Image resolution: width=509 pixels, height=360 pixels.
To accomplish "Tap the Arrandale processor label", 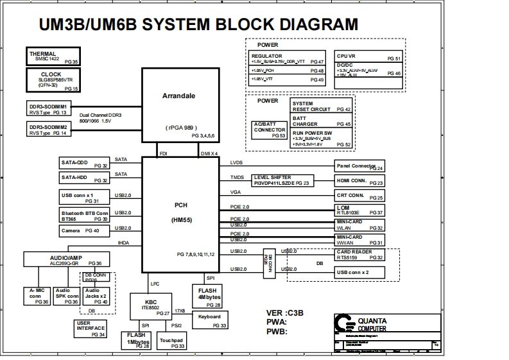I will coord(178,96).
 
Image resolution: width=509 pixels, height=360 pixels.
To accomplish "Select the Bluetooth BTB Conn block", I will coord(84,215).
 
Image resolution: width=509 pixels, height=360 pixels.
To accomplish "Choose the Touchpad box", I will coord(171,342).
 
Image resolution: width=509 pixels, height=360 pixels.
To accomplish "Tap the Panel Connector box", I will coord(359,166).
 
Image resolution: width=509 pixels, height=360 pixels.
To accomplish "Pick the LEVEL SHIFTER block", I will coord(282,180).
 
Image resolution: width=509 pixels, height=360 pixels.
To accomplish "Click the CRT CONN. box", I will coord(359,196).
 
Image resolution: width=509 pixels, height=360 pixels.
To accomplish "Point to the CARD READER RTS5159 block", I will coord(359,255).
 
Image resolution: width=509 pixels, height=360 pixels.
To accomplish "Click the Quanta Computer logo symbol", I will coord(345,323).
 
